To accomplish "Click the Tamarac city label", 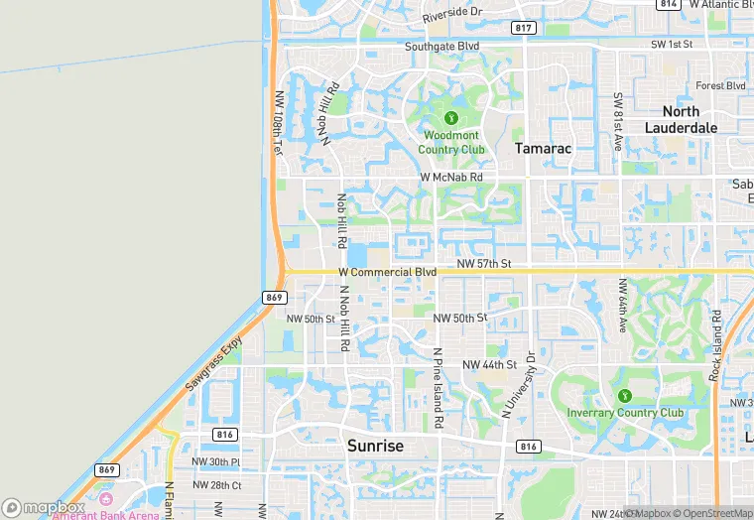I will tap(543, 148).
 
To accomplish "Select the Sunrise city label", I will tap(375, 446).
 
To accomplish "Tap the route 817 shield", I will tap(524, 27).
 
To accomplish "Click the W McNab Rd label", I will tap(451, 178).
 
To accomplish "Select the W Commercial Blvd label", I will tap(387, 271).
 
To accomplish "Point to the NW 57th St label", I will tap(483, 264).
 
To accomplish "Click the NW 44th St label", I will tap(490, 365).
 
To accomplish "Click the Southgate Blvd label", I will tap(441, 47).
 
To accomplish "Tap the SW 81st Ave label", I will tap(617, 121).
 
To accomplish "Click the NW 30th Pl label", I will tap(215, 461).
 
